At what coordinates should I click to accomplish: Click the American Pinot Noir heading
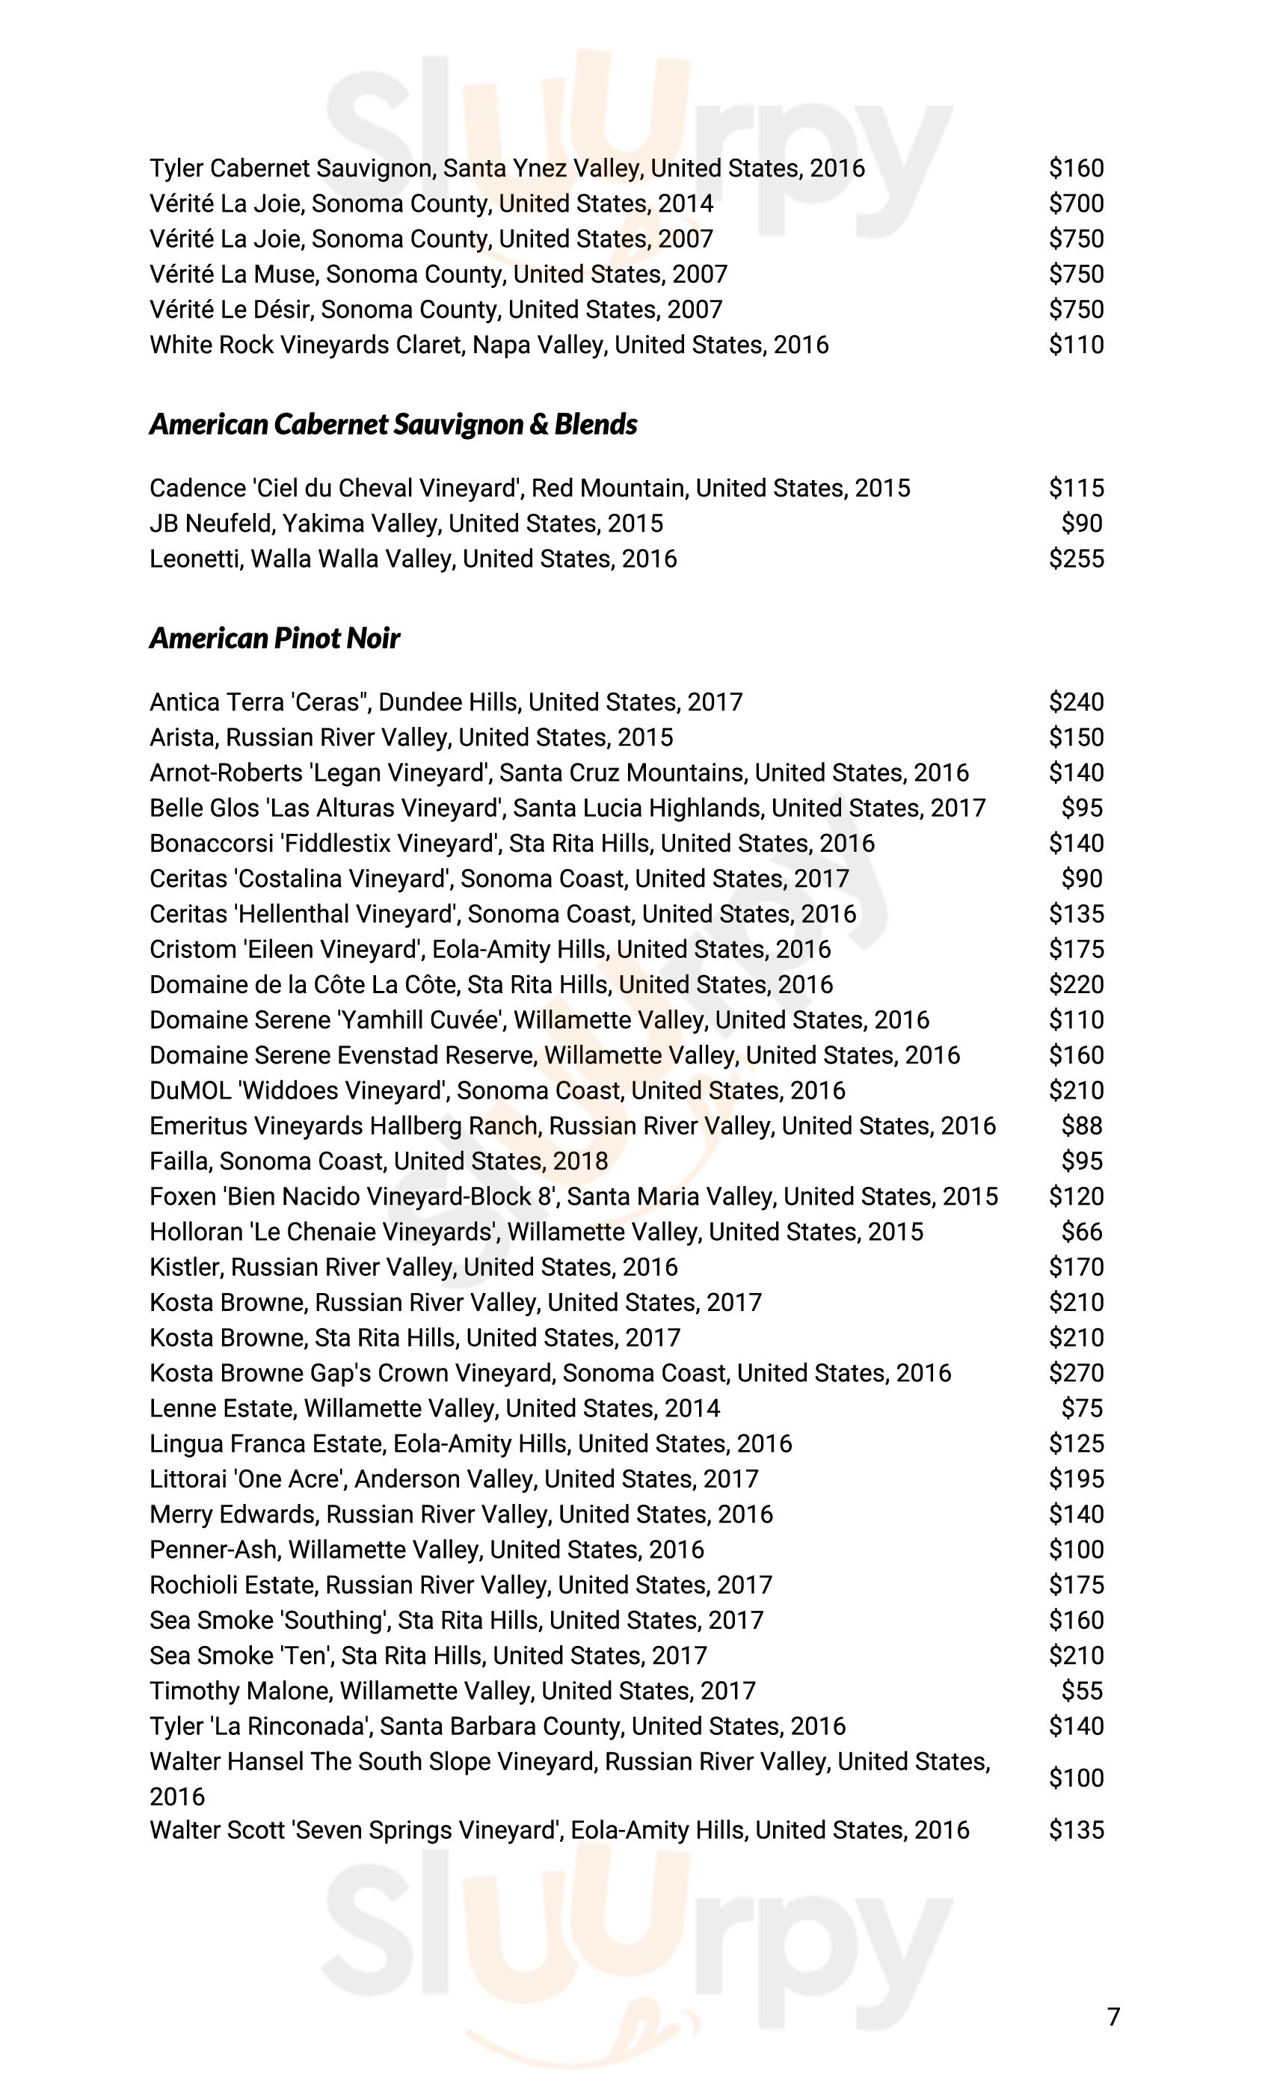click(274, 638)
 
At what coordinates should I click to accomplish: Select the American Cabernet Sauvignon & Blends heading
click(393, 424)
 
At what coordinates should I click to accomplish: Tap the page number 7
click(1114, 2017)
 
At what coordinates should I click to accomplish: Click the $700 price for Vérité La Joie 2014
click(1076, 204)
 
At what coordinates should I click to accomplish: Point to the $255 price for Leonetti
click(1076, 559)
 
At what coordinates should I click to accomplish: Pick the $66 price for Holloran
click(1082, 1232)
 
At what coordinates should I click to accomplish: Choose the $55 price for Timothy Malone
click(1082, 1691)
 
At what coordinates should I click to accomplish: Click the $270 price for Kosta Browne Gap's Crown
click(1076, 1373)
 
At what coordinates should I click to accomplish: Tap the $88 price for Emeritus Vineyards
click(1082, 1126)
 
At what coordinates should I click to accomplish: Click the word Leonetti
click(194, 559)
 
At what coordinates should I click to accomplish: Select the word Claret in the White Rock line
click(429, 345)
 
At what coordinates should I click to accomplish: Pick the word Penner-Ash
click(213, 1550)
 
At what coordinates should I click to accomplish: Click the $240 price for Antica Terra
click(1076, 703)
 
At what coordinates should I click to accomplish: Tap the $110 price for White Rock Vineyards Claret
click(1076, 345)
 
